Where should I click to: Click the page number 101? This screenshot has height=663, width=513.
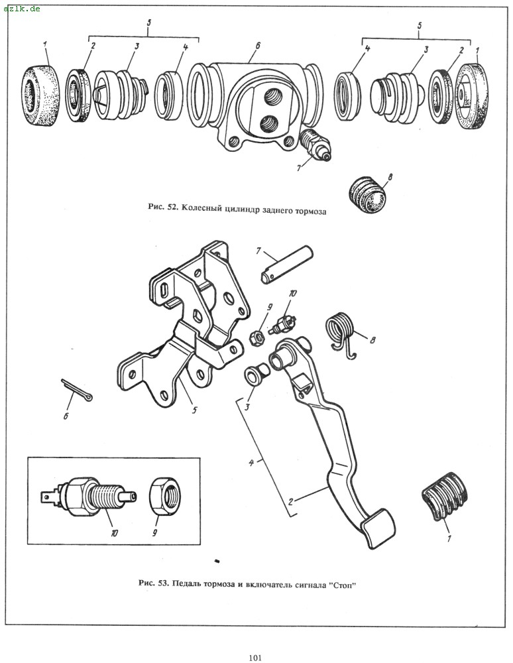click(256, 658)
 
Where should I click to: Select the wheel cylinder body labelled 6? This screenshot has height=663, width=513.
click(255, 99)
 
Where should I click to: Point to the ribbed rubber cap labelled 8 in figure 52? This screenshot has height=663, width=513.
click(369, 194)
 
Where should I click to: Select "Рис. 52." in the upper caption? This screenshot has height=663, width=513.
click(162, 207)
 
